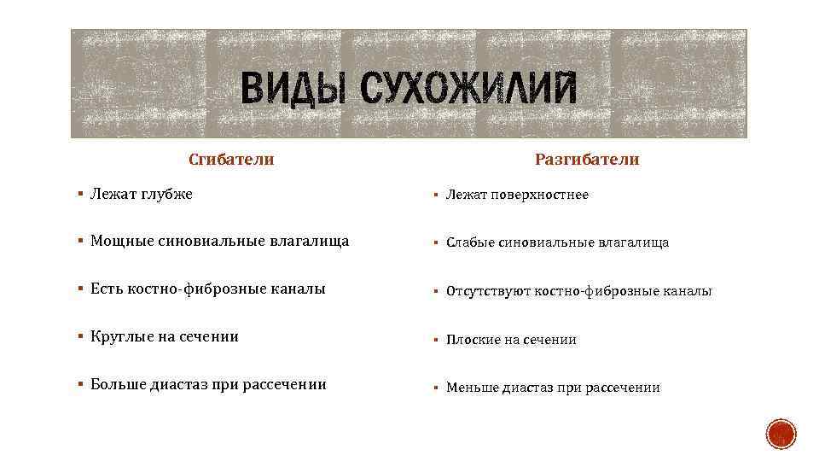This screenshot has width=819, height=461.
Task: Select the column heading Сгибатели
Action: click(x=231, y=160)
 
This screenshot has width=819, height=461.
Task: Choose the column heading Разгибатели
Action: click(x=587, y=160)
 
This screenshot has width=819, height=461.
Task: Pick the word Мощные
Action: click(x=123, y=242)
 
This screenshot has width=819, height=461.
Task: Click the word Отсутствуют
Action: click(x=488, y=292)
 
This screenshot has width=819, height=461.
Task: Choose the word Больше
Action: click(x=119, y=385)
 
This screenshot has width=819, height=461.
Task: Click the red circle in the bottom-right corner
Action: click(x=780, y=435)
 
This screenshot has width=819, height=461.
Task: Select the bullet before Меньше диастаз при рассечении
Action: click(x=436, y=388)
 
